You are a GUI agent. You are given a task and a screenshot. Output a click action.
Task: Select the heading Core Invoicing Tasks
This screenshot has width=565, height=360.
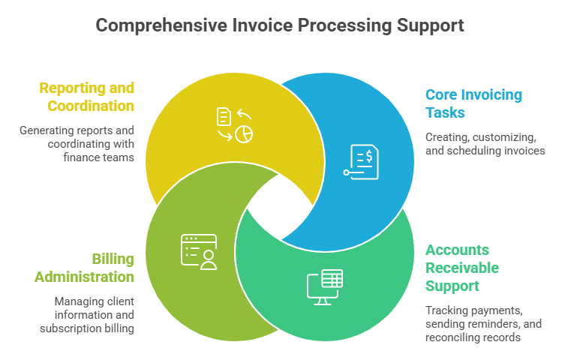point(473,103)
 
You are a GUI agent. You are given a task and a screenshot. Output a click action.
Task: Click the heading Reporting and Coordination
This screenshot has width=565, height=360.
point(86,96)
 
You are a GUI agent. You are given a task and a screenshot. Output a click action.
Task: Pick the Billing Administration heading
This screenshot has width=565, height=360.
point(84,268)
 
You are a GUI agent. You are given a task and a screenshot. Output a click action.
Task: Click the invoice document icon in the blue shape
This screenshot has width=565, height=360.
point(363,160)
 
